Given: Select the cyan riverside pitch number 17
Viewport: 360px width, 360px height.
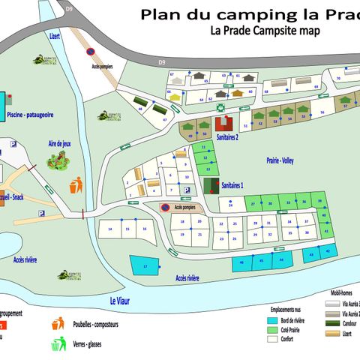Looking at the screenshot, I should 145,265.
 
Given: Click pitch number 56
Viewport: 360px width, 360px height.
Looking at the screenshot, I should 321,112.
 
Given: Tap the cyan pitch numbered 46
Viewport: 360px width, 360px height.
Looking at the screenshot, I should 261,259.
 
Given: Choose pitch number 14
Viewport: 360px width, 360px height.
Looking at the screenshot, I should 111,228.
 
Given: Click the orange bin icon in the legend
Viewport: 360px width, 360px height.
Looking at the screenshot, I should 56,325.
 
